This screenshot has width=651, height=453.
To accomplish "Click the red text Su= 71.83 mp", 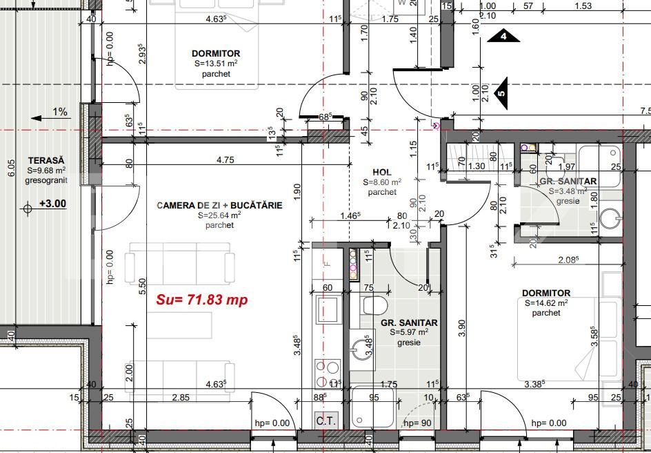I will [201, 300].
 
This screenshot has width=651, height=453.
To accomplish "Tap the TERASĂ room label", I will [41, 160].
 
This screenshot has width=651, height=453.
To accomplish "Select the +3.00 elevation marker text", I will [52, 204].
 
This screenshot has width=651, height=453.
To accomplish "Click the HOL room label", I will [381, 172].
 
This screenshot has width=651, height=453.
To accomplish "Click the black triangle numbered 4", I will [504, 36].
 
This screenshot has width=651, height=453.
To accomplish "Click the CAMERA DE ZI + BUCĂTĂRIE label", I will [219, 205].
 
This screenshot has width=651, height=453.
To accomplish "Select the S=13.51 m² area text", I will [216, 64].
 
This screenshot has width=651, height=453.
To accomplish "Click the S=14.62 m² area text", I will [545, 303].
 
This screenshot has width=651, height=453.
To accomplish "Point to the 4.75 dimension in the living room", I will [225, 160].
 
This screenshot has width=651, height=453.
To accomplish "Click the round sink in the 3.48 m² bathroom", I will [610, 218].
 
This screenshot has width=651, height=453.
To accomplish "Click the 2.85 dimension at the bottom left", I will [181, 397].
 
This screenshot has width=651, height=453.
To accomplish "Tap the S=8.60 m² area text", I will [382, 182].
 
